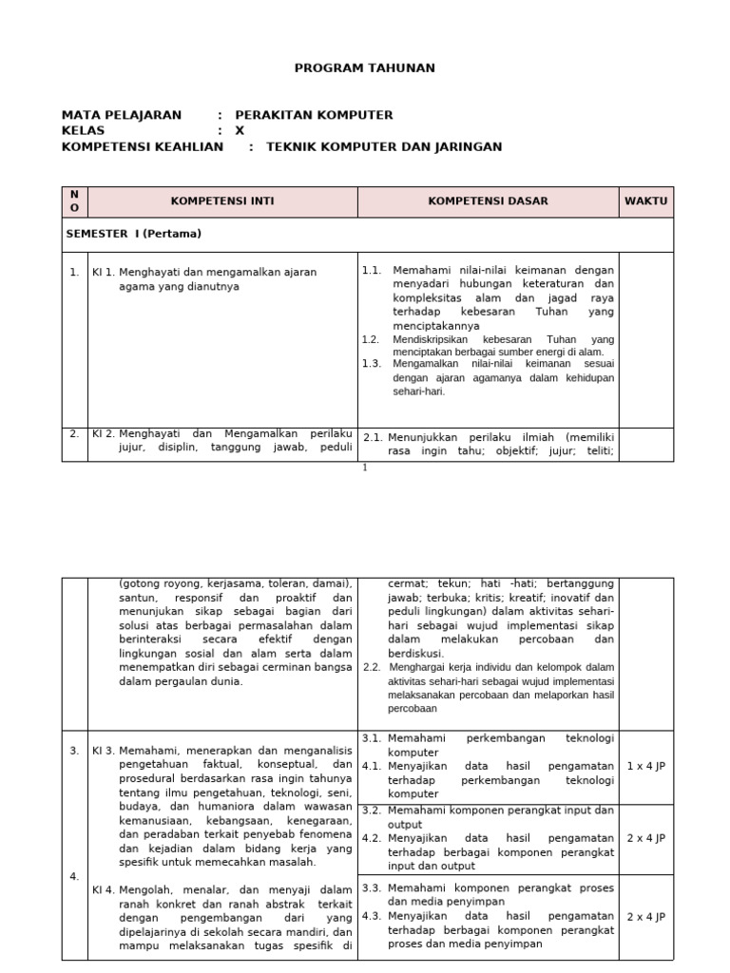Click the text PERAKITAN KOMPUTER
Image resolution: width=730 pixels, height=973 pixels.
click(314, 115)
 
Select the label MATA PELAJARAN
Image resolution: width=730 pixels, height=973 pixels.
click(121, 115)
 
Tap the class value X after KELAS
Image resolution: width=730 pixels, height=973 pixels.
click(240, 130)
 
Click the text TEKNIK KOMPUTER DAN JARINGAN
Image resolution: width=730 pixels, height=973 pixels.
click(384, 146)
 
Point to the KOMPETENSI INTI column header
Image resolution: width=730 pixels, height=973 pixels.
click(222, 201)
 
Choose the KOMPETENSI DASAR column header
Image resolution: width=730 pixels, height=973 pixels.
click(488, 201)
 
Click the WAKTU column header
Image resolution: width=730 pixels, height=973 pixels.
click(646, 201)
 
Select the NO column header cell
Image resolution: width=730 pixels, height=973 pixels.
click(75, 201)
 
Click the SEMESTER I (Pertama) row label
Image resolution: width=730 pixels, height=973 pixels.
click(133, 234)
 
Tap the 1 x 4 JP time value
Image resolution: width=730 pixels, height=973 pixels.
click(646, 765)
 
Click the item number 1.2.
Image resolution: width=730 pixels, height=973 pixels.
click(371, 339)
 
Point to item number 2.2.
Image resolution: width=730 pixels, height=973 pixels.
click(372, 667)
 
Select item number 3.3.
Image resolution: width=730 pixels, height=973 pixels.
click(372, 887)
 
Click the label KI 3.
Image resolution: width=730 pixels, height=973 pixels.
click(103, 751)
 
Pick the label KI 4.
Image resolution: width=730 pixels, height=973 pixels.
click(103, 889)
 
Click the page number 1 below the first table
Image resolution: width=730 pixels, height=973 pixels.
click(364, 467)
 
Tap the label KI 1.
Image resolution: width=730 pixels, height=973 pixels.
click(103, 272)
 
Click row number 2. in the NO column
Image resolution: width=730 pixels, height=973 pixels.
click(74, 433)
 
